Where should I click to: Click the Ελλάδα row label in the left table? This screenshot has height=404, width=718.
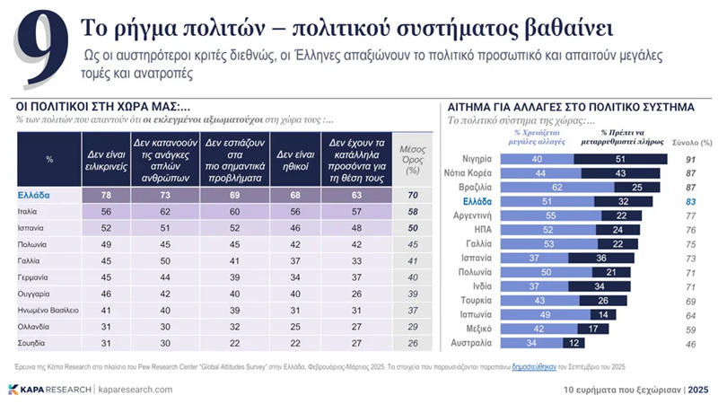point(34,195)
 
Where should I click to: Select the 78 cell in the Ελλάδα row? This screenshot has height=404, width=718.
point(107,195)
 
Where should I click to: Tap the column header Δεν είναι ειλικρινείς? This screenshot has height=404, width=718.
point(107,159)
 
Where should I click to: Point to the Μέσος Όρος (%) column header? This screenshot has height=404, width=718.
point(413,159)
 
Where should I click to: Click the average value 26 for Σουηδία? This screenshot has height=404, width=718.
point(413,342)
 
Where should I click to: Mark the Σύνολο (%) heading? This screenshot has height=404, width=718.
point(692,142)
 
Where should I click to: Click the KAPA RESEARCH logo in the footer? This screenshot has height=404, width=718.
point(47,390)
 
